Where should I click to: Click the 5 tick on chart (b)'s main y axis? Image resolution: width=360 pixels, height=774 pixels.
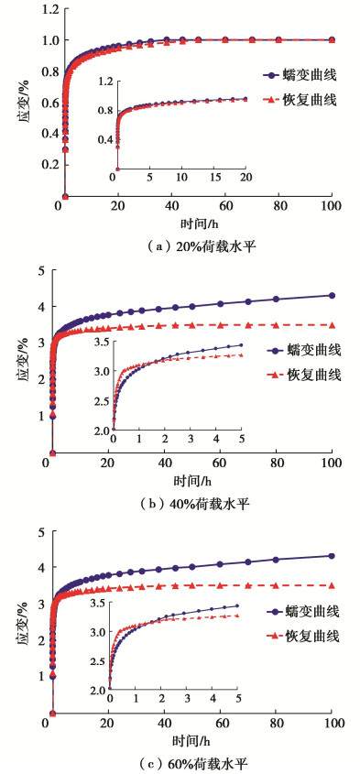point(37,269)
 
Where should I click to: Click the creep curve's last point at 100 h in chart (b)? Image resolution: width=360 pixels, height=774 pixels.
point(332,296)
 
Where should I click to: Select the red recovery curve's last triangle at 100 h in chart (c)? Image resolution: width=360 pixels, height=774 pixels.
point(332,585)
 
